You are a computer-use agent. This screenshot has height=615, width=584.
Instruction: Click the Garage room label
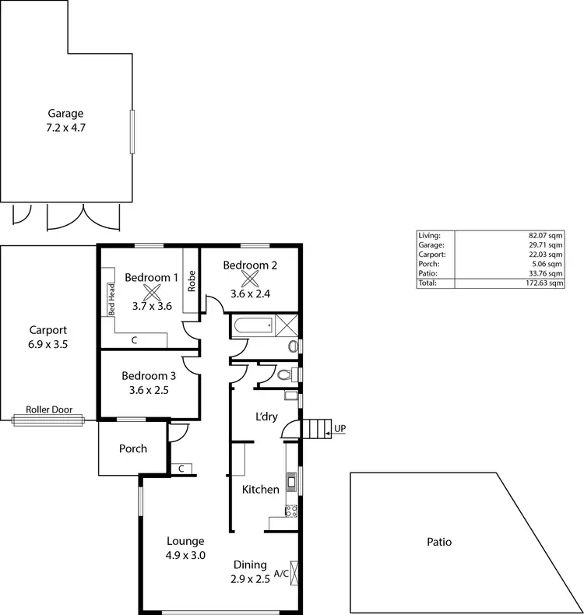coord(65,113)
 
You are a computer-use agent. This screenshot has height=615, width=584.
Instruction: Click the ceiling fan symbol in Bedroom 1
coord(152,293)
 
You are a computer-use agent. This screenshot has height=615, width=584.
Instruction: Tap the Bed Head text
coord(112,298)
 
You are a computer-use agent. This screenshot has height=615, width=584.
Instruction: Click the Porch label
coord(132,448)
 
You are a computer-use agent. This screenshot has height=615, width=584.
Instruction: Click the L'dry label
coord(267,416)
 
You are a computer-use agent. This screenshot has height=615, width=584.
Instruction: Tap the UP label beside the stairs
coord(339,428)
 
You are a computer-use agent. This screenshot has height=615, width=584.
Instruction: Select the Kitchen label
coord(260,490)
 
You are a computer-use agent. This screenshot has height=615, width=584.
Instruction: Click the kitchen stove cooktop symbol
coord(291,511)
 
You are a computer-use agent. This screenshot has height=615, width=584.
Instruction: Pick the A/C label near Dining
coord(281,574)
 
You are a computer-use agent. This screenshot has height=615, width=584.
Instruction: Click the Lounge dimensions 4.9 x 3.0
coord(185,555)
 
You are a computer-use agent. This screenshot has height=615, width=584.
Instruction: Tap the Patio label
coord(439,542)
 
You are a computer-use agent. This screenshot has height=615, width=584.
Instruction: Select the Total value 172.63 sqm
coord(544,283)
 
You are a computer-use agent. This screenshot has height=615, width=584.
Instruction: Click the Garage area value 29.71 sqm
coord(546,244)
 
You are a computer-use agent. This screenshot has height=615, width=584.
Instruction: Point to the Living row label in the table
coord(429,234)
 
